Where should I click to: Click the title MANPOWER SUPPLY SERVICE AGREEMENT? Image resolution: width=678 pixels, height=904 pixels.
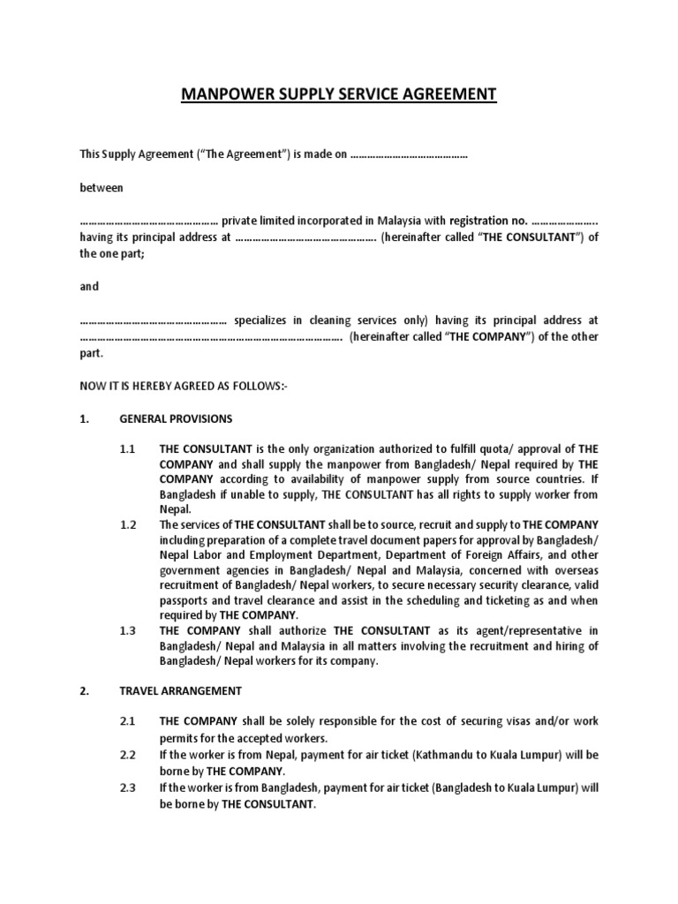[339, 94]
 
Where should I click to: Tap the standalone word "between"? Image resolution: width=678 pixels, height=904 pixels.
[102, 187]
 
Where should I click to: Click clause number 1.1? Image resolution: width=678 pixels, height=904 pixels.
[128, 448]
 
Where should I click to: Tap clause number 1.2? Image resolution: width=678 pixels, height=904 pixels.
[128, 524]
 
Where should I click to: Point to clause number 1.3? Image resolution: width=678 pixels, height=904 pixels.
[128, 630]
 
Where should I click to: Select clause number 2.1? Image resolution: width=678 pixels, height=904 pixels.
[128, 721]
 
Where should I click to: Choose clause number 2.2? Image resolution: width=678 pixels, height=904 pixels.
[128, 756]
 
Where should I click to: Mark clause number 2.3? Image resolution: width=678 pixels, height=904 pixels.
[128, 787]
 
